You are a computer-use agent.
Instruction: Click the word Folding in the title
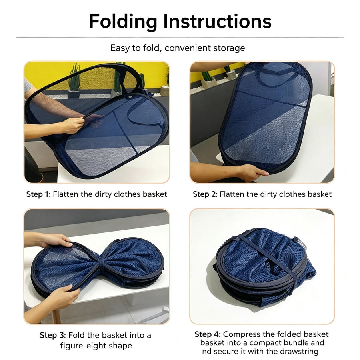123,22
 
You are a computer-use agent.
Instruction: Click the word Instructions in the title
218,21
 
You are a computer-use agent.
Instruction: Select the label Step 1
38,194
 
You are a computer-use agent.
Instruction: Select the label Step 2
205,194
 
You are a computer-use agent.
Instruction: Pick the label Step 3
52,335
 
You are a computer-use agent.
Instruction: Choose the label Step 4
208,334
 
